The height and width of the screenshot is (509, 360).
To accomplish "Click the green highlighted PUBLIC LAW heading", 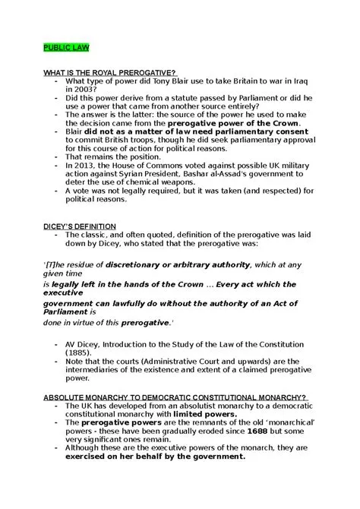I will coord(65,47).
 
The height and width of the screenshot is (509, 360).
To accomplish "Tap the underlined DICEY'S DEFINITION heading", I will coord(80,226).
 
